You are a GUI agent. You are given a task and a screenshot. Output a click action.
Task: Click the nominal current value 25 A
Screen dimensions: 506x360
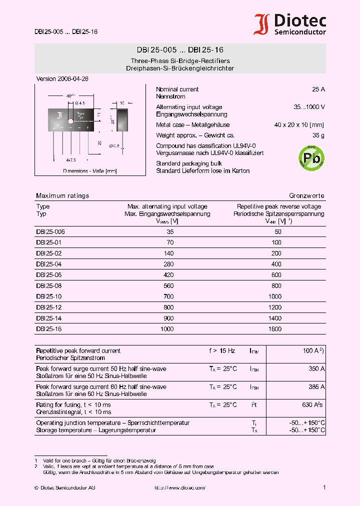click(318, 89)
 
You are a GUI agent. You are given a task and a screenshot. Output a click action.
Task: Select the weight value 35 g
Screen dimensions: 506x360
click(318, 135)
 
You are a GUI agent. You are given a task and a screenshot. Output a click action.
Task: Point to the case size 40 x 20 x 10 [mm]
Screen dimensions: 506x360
click(299, 125)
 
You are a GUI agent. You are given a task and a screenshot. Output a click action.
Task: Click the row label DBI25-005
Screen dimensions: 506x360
click(50, 232)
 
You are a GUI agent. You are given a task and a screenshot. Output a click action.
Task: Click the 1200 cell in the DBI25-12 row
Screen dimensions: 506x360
click(274, 307)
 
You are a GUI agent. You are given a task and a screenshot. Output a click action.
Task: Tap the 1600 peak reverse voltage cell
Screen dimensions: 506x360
click(274, 329)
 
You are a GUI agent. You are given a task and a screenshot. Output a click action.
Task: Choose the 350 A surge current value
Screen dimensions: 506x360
click(316, 369)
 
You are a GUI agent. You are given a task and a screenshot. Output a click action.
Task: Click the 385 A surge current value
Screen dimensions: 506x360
click(316, 387)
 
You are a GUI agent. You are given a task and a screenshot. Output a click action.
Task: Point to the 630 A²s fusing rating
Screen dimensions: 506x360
click(313, 405)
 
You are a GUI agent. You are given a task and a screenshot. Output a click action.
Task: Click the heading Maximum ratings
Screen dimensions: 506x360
click(62, 196)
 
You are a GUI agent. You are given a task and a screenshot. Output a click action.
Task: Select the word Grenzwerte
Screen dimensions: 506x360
click(306, 196)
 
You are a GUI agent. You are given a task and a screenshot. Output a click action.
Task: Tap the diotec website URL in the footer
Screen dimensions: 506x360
click(180, 487)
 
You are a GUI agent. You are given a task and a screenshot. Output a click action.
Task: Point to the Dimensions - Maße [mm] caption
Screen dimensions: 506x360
click(89, 171)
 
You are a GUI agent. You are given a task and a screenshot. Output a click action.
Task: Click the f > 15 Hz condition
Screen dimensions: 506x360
click(222, 351)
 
